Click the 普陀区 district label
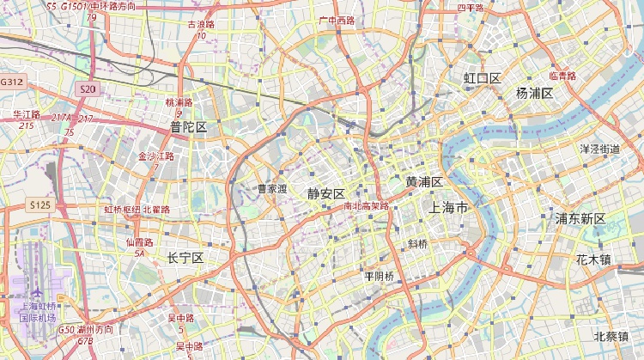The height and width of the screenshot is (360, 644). (x=188, y=127)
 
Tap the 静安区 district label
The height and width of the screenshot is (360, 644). (x=325, y=193)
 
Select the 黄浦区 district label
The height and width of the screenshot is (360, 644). (x=423, y=182)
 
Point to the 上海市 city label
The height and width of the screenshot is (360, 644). (x=448, y=208)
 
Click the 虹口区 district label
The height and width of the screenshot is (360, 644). (x=482, y=79)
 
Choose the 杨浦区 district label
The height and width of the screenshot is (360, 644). (x=534, y=93)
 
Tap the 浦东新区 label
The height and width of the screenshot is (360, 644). (x=580, y=218)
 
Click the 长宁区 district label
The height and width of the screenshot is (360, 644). (x=185, y=258)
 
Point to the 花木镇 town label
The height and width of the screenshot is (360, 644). (x=593, y=259)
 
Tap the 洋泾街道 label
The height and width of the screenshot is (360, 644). (x=600, y=149)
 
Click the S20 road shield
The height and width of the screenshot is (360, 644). (x=88, y=89)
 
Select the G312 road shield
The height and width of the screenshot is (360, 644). (x=12, y=82)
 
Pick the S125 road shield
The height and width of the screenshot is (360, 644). (x=39, y=204)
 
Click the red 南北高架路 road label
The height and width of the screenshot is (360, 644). (x=366, y=206)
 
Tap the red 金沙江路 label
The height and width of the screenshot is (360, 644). (x=155, y=156)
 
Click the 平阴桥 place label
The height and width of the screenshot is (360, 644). (x=379, y=276)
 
